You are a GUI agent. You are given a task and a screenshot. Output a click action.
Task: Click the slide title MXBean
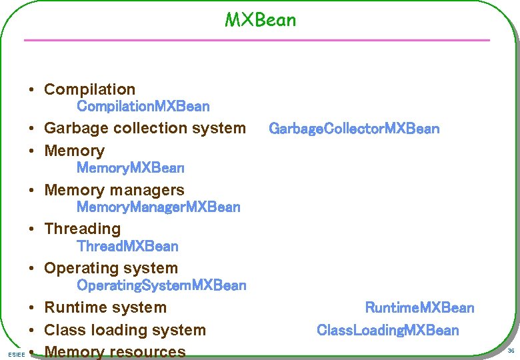point(260,20)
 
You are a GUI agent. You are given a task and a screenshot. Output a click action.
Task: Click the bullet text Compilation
point(89,89)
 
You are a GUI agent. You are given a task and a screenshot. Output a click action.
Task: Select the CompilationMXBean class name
point(143,107)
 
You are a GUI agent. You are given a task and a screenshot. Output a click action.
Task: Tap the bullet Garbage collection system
point(145,128)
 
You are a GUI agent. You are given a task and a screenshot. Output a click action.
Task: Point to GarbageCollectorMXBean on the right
point(354,129)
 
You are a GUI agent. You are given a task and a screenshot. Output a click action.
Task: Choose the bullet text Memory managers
point(114,190)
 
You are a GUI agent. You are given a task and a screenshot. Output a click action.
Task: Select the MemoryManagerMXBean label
point(158,207)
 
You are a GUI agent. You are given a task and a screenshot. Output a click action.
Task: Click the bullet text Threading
point(82,229)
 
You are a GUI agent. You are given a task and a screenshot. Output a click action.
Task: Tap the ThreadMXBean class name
point(127,247)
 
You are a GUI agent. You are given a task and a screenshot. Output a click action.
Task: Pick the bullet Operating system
point(111,269)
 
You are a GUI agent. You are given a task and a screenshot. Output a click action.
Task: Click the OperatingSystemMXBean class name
point(161,286)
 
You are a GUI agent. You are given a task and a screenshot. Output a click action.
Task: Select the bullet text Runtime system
point(105,308)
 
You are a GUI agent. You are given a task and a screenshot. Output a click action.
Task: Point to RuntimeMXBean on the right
point(419,308)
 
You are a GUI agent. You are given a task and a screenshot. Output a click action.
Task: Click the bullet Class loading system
point(125,330)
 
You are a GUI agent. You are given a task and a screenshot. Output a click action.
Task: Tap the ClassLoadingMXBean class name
point(387,330)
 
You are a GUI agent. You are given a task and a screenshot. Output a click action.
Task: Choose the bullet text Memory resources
point(115,351)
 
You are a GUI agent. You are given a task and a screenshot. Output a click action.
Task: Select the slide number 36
point(511,351)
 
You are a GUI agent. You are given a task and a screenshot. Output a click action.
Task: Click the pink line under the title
point(257,41)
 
